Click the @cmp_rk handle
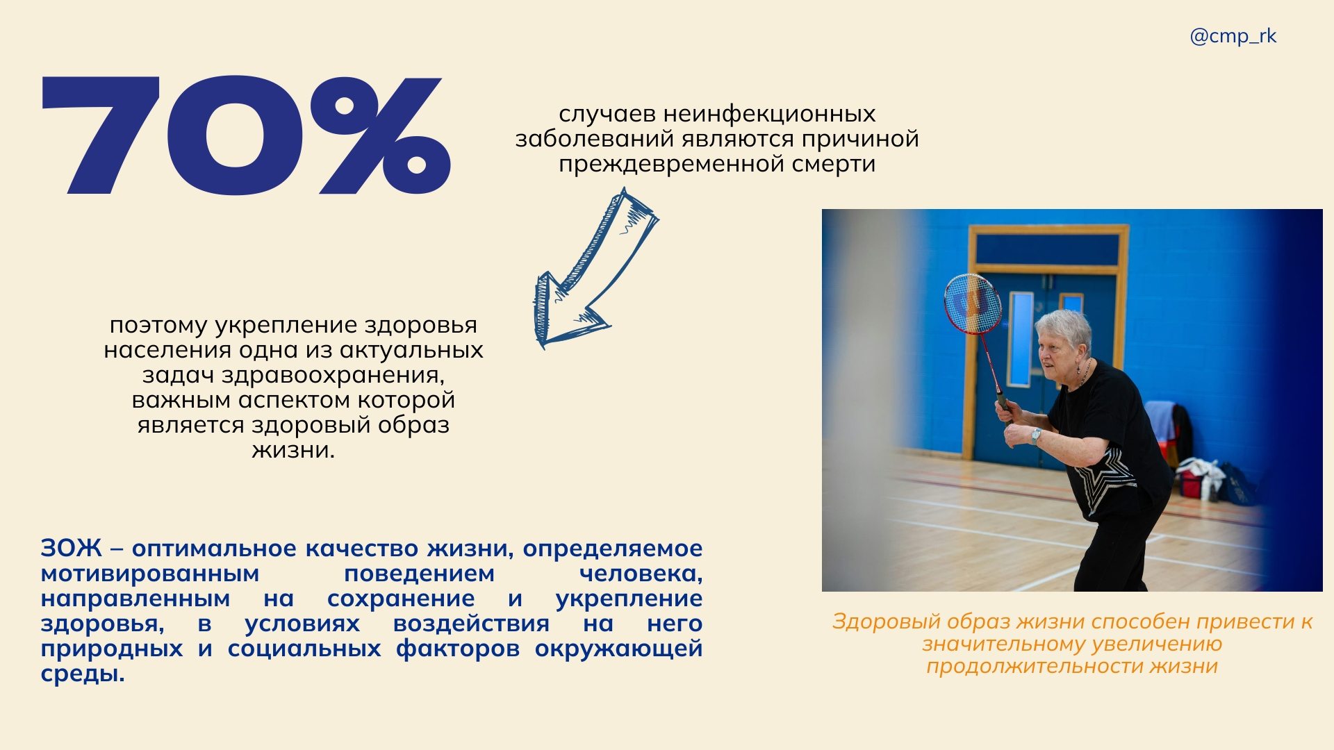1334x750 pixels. tap(1233, 36)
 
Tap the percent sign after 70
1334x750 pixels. tap(381, 135)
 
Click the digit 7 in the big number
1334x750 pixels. tap(101, 135)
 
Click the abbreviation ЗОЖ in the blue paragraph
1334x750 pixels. tap(71, 549)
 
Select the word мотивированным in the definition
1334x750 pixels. tap(150, 574)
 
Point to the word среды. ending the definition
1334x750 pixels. tap(83, 674)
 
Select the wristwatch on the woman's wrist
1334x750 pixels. tap(1036, 435)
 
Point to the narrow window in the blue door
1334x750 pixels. tap(1021, 339)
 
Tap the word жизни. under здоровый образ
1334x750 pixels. tap(293, 451)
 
